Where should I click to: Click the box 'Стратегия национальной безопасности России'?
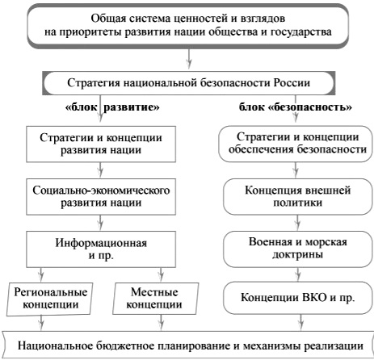pyautogui.click(x=188, y=83)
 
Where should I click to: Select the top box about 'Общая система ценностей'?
pyautogui.click(x=188, y=26)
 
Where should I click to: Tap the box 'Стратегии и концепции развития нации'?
pyautogui.click(x=101, y=144)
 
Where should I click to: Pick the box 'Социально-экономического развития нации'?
pyautogui.click(x=101, y=197)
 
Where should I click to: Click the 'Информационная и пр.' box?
pyautogui.click(x=101, y=249)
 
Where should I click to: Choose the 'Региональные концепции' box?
pyautogui.click(x=50, y=299)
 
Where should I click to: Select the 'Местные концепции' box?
pyautogui.click(x=155, y=299)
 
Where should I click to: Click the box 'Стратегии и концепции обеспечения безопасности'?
pyautogui.click(x=297, y=144)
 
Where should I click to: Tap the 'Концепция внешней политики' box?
pyautogui.click(x=298, y=197)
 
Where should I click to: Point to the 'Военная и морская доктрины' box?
pyautogui.click(x=298, y=249)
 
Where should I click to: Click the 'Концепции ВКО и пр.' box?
pyautogui.click(x=298, y=298)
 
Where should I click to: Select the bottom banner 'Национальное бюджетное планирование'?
pyautogui.click(x=188, y=345)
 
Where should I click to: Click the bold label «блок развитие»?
pyautogui.click(x=112, y=107)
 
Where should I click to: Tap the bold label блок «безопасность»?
pyautogui.click(x=296, y=107)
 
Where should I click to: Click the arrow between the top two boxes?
pyautogui.click(x=189, y=59)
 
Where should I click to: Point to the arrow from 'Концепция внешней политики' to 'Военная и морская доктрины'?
pyautogui.click(x=297, y=223)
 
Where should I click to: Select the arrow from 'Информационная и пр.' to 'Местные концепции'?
pyautogui.click(x=161, y=274)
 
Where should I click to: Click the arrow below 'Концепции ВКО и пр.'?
pyautogui.click(x=300, y=322)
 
